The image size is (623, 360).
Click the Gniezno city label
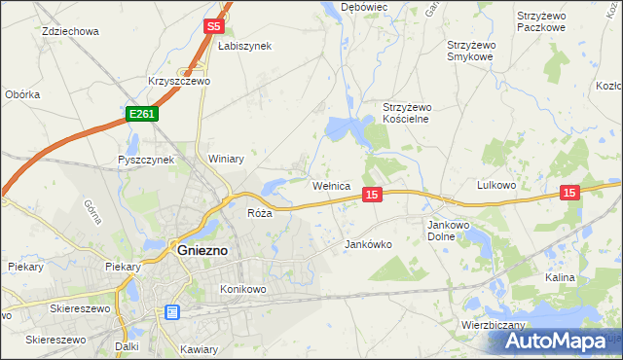coord(202,249)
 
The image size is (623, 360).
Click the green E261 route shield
coord(142,115)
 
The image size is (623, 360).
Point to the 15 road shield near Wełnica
coord(371,196)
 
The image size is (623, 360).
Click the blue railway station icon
coord(172,312)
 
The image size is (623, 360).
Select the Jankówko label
coord(368,245)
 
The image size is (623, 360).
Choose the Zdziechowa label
coord(71,31)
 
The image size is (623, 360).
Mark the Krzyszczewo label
coord(179,82)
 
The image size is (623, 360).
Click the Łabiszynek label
coord(244,46)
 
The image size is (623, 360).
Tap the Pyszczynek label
coord(145,159)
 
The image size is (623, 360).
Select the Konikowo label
coord(243,289)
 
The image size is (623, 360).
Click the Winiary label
coord(225,159)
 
